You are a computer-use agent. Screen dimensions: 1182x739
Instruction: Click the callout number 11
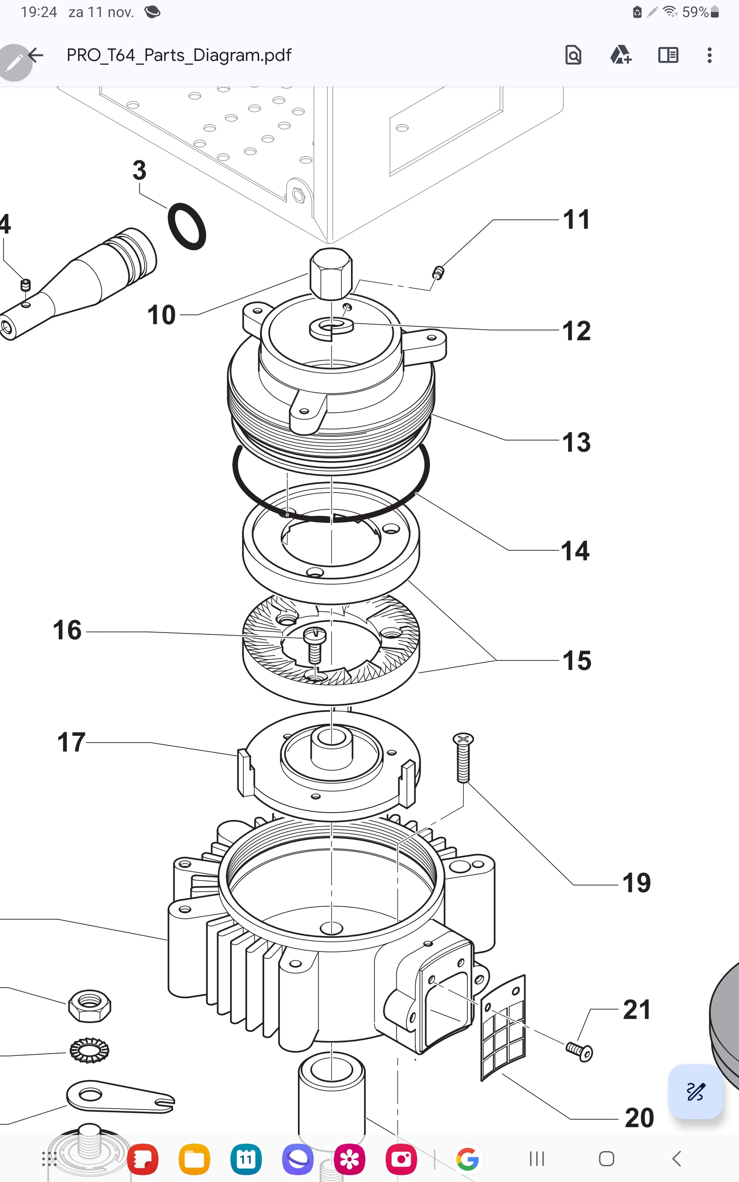[576, 219]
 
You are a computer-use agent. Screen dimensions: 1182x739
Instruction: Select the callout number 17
[71, 742]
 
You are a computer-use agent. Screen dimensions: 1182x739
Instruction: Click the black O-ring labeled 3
[187, 227]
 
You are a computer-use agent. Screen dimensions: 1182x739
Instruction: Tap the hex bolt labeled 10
[331, 273]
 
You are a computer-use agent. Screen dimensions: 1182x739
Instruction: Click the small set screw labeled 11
[438, 272]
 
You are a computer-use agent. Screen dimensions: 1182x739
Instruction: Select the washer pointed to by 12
[331, 327]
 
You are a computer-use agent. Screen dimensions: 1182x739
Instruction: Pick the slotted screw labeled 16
[315, 645]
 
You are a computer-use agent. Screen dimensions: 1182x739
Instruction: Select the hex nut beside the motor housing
[90, 1006]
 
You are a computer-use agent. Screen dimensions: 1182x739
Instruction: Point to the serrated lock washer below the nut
[90, 1049]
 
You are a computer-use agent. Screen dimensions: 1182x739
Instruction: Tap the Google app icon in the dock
[467, 1159]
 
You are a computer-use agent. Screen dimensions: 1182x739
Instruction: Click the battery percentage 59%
[695, 12]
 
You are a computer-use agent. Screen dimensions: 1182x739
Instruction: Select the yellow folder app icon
[194, 1159]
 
